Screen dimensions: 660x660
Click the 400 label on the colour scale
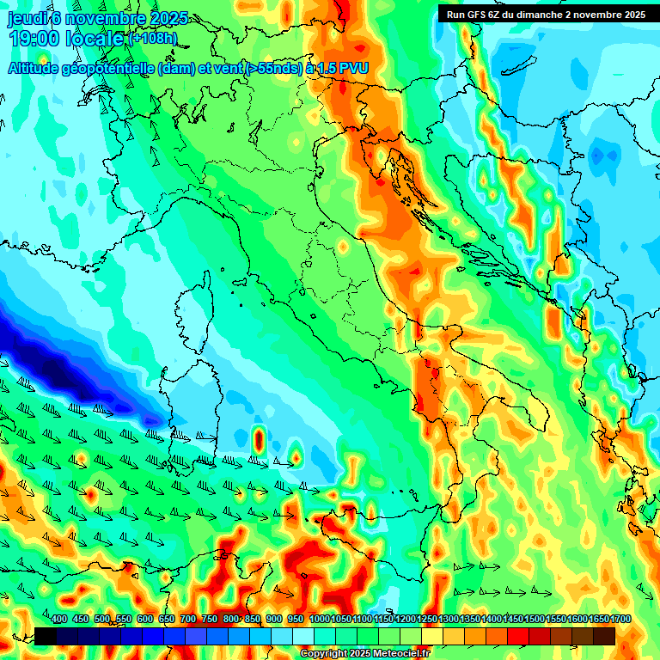[x=59, y=620]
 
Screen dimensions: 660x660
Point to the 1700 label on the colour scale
[x=599, y=620]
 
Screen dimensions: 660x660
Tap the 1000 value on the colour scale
[x=320, y=620]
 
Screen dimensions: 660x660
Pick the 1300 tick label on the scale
[x=449, y=620]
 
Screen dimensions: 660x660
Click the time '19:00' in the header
[x=38, y=39]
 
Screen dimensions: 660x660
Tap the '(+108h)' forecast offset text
[x=153, y=39]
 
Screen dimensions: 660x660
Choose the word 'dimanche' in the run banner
[x=540, y=15]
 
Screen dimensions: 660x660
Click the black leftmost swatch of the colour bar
[x=46, y=636]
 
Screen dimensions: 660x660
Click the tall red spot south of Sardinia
[x=258, y=439]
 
